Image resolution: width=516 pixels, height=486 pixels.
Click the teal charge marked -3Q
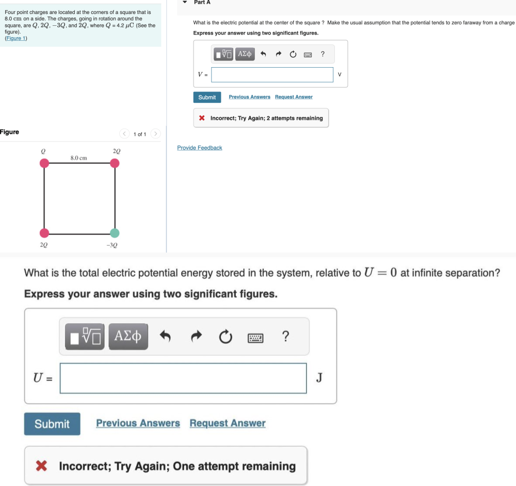click(x=115, y=233)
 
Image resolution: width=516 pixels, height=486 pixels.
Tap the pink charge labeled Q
click(x=45, y=163)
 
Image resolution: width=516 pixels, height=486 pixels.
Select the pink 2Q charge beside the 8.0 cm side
click(x=115, y=163)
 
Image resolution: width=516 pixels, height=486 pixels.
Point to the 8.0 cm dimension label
click(x=78, y=158)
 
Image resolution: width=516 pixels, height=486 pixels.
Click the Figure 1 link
click(x=16, y=38)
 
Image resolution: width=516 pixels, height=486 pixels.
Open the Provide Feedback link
click(x=200, y=148)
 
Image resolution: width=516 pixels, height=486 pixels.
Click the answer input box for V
click(x=272, y=75)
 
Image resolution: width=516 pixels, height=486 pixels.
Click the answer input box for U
click(x=183, y=378)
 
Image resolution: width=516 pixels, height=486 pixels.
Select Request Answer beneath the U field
click(x=228, y=424)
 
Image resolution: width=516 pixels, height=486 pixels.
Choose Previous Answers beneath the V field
click(x=249, y=97)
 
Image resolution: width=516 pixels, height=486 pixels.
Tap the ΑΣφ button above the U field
click(x=128, y=337)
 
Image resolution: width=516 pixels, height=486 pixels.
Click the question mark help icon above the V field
click(x=322, y=54)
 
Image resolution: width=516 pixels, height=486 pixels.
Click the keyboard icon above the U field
click(x=255, y=338)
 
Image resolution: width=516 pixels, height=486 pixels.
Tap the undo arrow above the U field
click(x=165, y=337)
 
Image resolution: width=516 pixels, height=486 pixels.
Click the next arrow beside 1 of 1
click(x=156, y=134)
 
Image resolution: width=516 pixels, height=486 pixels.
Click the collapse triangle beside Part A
click(x=185, y=3)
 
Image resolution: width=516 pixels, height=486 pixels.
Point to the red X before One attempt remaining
click(x=42, y=466)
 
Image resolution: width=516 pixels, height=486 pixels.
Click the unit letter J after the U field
click(x=319, y=378)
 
